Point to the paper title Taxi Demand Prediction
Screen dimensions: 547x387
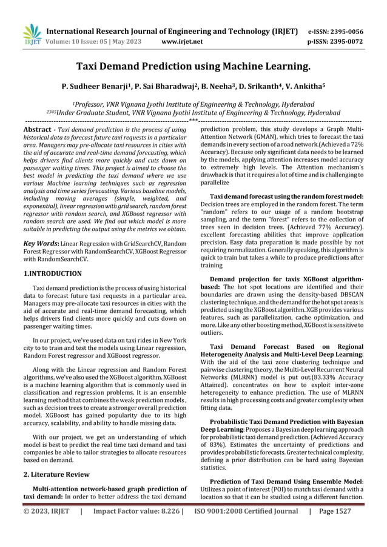tap(193, 66)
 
